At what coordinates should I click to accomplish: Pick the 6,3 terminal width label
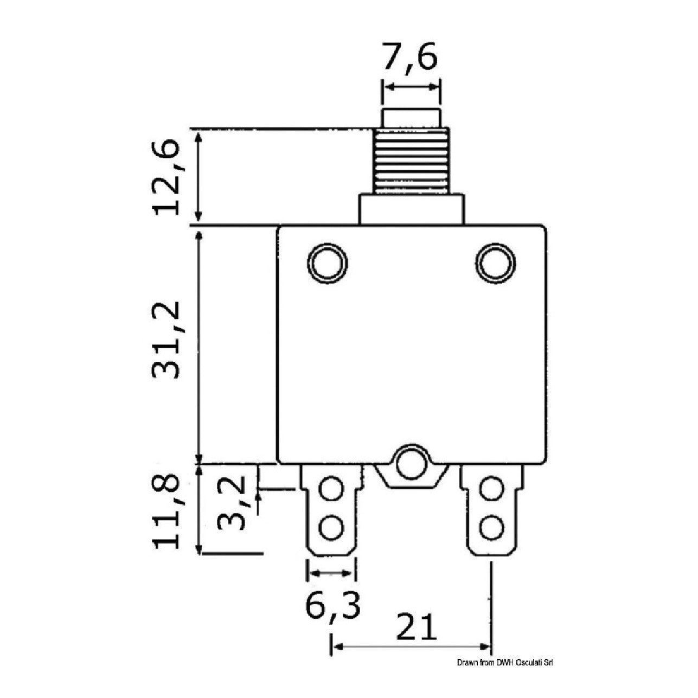pos(333,604)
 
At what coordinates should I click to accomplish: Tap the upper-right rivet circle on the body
pos(495,262)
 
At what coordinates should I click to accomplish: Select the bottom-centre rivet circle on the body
pos(412,464)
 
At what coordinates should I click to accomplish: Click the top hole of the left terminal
pos(331,489)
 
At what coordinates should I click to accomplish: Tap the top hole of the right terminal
pos(491,489)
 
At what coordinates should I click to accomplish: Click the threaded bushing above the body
pos(412,161)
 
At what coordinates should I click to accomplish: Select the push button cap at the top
pos(412,118)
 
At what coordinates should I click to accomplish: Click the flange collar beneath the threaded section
pos(412,210)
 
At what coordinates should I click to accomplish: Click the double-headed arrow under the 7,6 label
pos(412,87)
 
